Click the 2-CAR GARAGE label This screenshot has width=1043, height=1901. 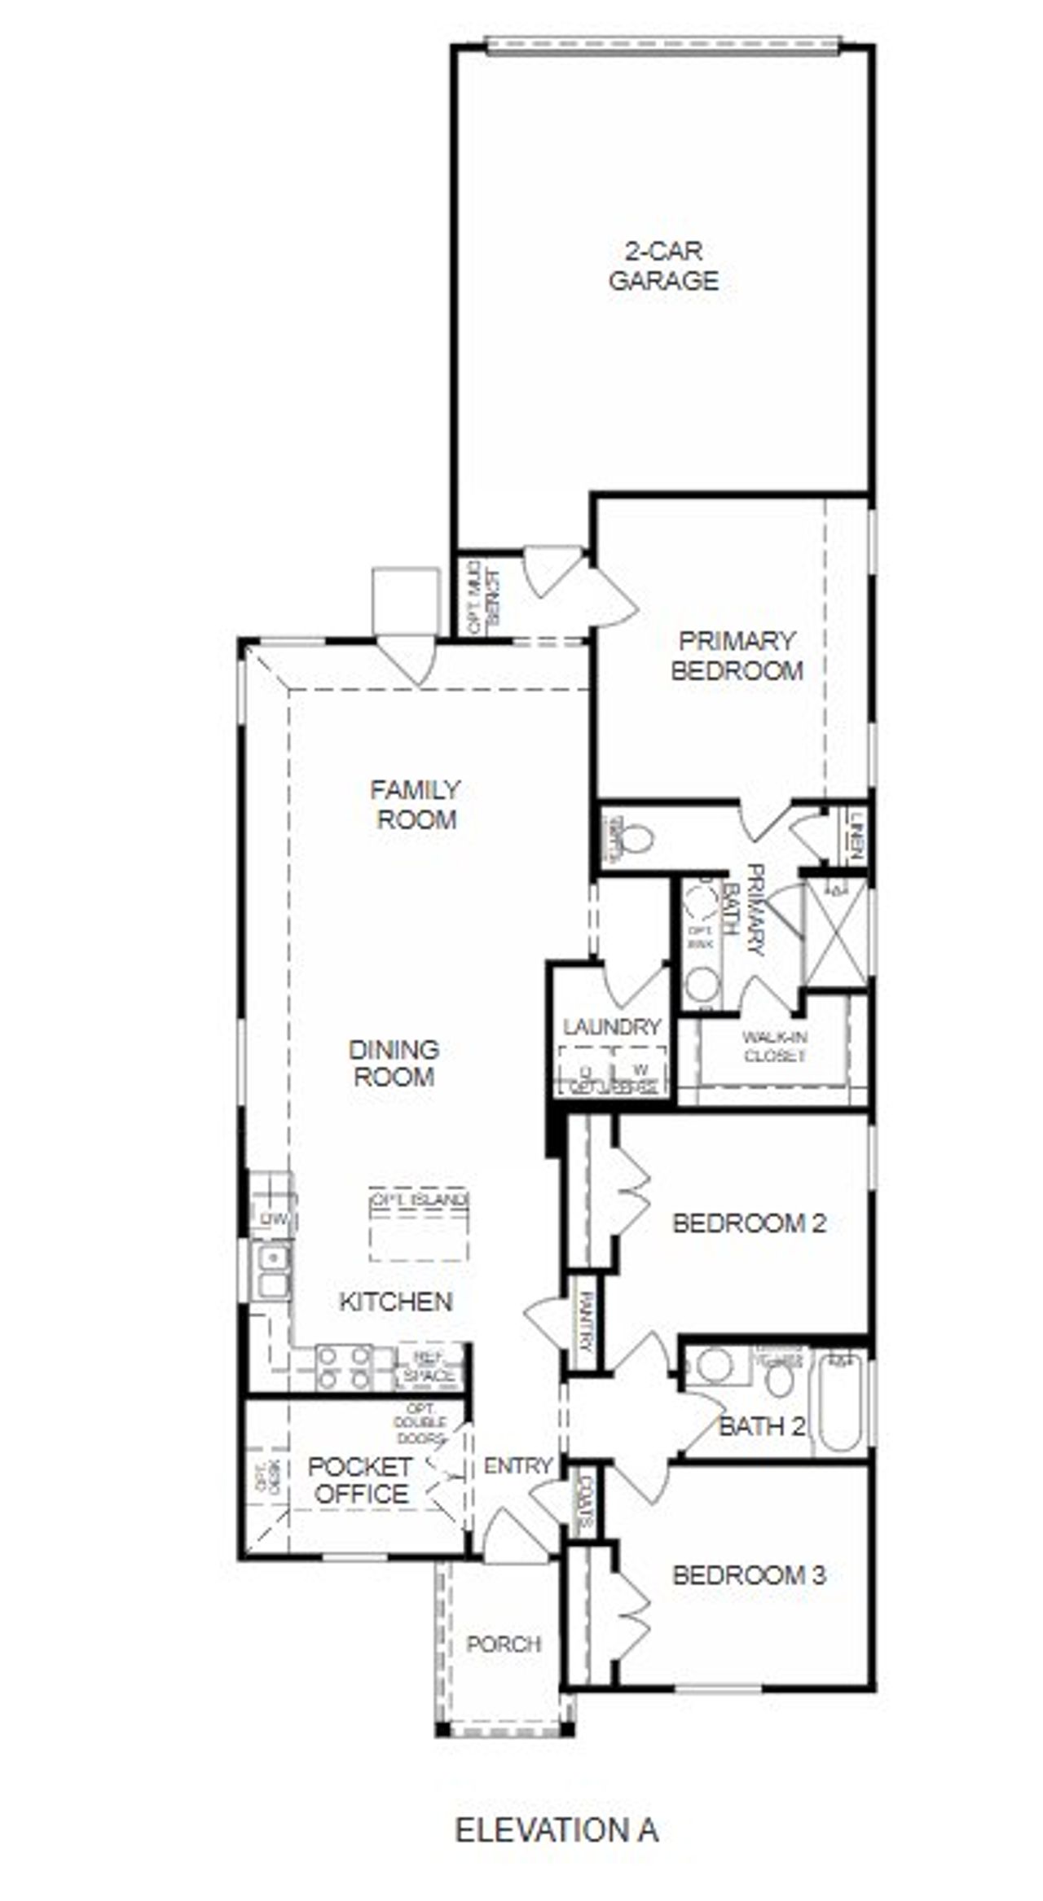click(663, 266)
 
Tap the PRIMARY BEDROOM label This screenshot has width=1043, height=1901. click(737, 656)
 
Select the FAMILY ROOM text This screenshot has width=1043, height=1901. click(416, 804)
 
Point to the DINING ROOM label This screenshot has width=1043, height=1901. click(394, 1063)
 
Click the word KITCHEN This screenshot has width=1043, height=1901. click(395, 1302)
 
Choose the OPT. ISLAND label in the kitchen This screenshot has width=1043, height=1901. click(419, 1200)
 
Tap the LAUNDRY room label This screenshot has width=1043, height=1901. click(611, 1027)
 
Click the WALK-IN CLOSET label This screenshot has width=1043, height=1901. click(774, 1047)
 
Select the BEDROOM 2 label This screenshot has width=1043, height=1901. click(749, 1223)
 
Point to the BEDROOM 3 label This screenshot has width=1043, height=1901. click(749, 1575)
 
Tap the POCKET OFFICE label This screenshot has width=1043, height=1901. click(360, 1480)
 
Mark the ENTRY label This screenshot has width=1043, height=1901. click(518, 1466)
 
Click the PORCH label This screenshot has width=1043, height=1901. click(504, 1644)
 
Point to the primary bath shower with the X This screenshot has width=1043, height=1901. click(835, 932)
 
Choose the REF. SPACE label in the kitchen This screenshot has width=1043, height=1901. click(429, 1368)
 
